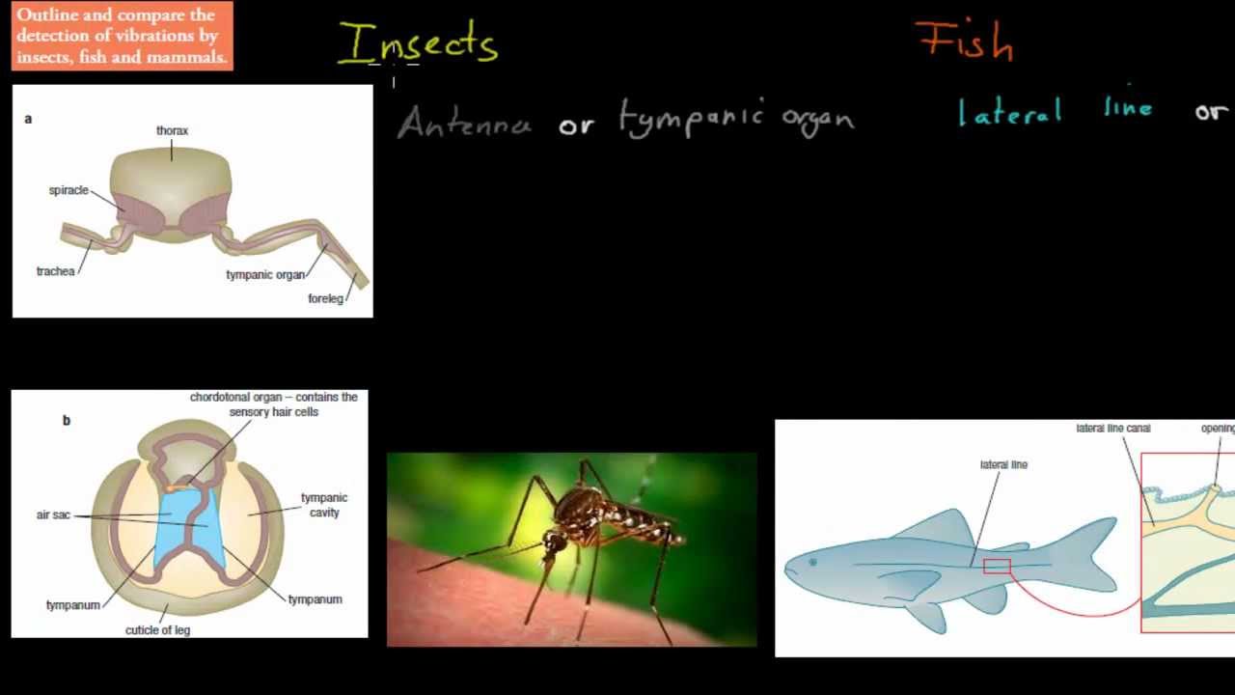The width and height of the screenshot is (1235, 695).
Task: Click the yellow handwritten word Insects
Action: click(x=418, y=44)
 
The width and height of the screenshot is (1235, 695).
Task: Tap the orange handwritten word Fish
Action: click(x=965, y=42)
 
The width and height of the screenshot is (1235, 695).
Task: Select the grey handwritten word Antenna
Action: click(x=464, y=124)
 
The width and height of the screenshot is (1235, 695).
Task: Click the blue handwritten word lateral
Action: click(x=1010, y=112)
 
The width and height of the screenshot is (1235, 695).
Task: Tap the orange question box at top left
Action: click(x=123, y=36)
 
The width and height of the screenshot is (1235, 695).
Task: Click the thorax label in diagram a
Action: click(x=172, y=130)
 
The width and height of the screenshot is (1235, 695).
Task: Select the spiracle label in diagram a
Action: click(x=69, y=190)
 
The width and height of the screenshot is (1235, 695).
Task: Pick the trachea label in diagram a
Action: click(x=55, y=271)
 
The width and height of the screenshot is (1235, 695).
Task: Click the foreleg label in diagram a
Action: click(x=325, y=298)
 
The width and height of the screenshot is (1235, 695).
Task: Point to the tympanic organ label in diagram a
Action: click(x=265, y=274)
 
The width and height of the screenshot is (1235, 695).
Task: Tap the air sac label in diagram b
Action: click(x=53, y=514)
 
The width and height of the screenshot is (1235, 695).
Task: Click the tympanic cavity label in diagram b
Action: click(x=324, y=505)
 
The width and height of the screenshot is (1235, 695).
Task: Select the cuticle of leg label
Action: click(x=157, y=630)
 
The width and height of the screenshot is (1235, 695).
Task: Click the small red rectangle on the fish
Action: click(x=997, y=567)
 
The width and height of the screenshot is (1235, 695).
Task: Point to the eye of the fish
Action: click(x=812, y=562)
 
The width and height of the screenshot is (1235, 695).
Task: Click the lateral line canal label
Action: click(x=1112, y=428)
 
